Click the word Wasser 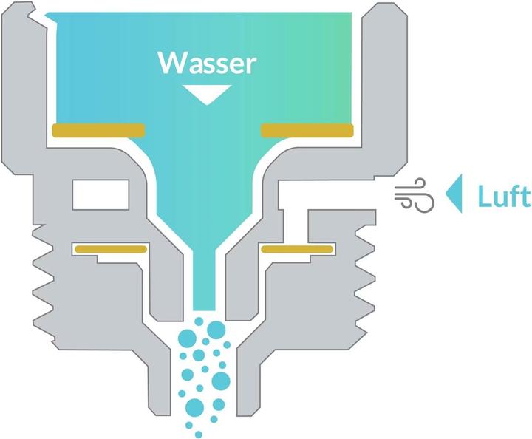[x=207, y=63]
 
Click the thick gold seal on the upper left [x=98, y=130]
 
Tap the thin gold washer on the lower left [x=109, y=249]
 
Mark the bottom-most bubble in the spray [x=197, y=432]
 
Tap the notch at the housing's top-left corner [x=32, y=10]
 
